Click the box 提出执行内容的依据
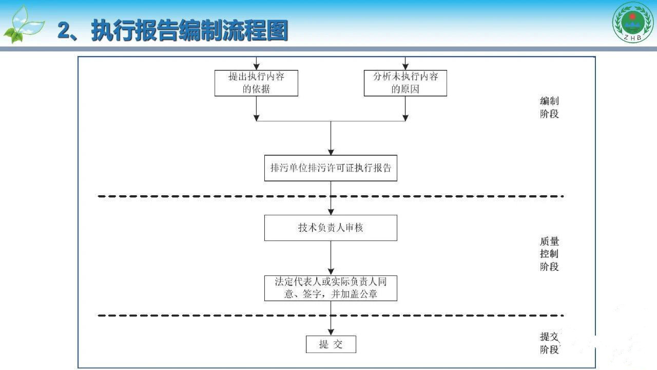(x=256, y=83)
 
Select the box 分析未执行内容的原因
(x=405, y=83)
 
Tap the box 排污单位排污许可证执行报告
(x=331, y=168)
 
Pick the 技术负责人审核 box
(x=331, y=228)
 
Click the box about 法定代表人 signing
(x=331, y=288)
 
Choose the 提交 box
(x=331, y=344)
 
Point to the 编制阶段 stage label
(x=549, y=107)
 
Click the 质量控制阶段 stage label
(x=549, y=254)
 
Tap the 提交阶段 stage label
(x=549, y=343)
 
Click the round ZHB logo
(x=632, y=23)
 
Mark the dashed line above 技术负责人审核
(x=331, y=196)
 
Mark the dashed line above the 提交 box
(x=331, y=316)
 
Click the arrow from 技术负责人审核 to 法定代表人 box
(x=331, y=258)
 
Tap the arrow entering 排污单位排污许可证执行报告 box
(x=331, y=139)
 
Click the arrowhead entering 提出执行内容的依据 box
(x=256, y=66)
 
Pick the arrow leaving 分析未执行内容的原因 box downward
(x=405, y=108)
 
